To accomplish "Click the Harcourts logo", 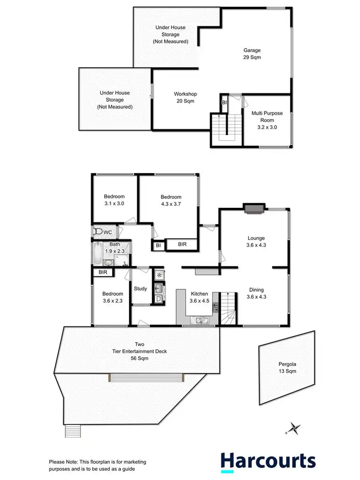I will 268,461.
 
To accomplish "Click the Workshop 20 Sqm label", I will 185,97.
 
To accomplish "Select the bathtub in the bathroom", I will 97,254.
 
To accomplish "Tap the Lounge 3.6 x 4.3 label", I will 256,241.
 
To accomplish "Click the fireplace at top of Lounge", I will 253,207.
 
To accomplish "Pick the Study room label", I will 141,288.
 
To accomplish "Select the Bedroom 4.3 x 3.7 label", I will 171,200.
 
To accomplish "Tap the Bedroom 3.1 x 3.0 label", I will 115,200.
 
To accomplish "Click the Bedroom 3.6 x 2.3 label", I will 113,297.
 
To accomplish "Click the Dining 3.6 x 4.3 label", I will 256,293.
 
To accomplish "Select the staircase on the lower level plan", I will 224,127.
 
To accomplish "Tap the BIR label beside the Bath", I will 103,272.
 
